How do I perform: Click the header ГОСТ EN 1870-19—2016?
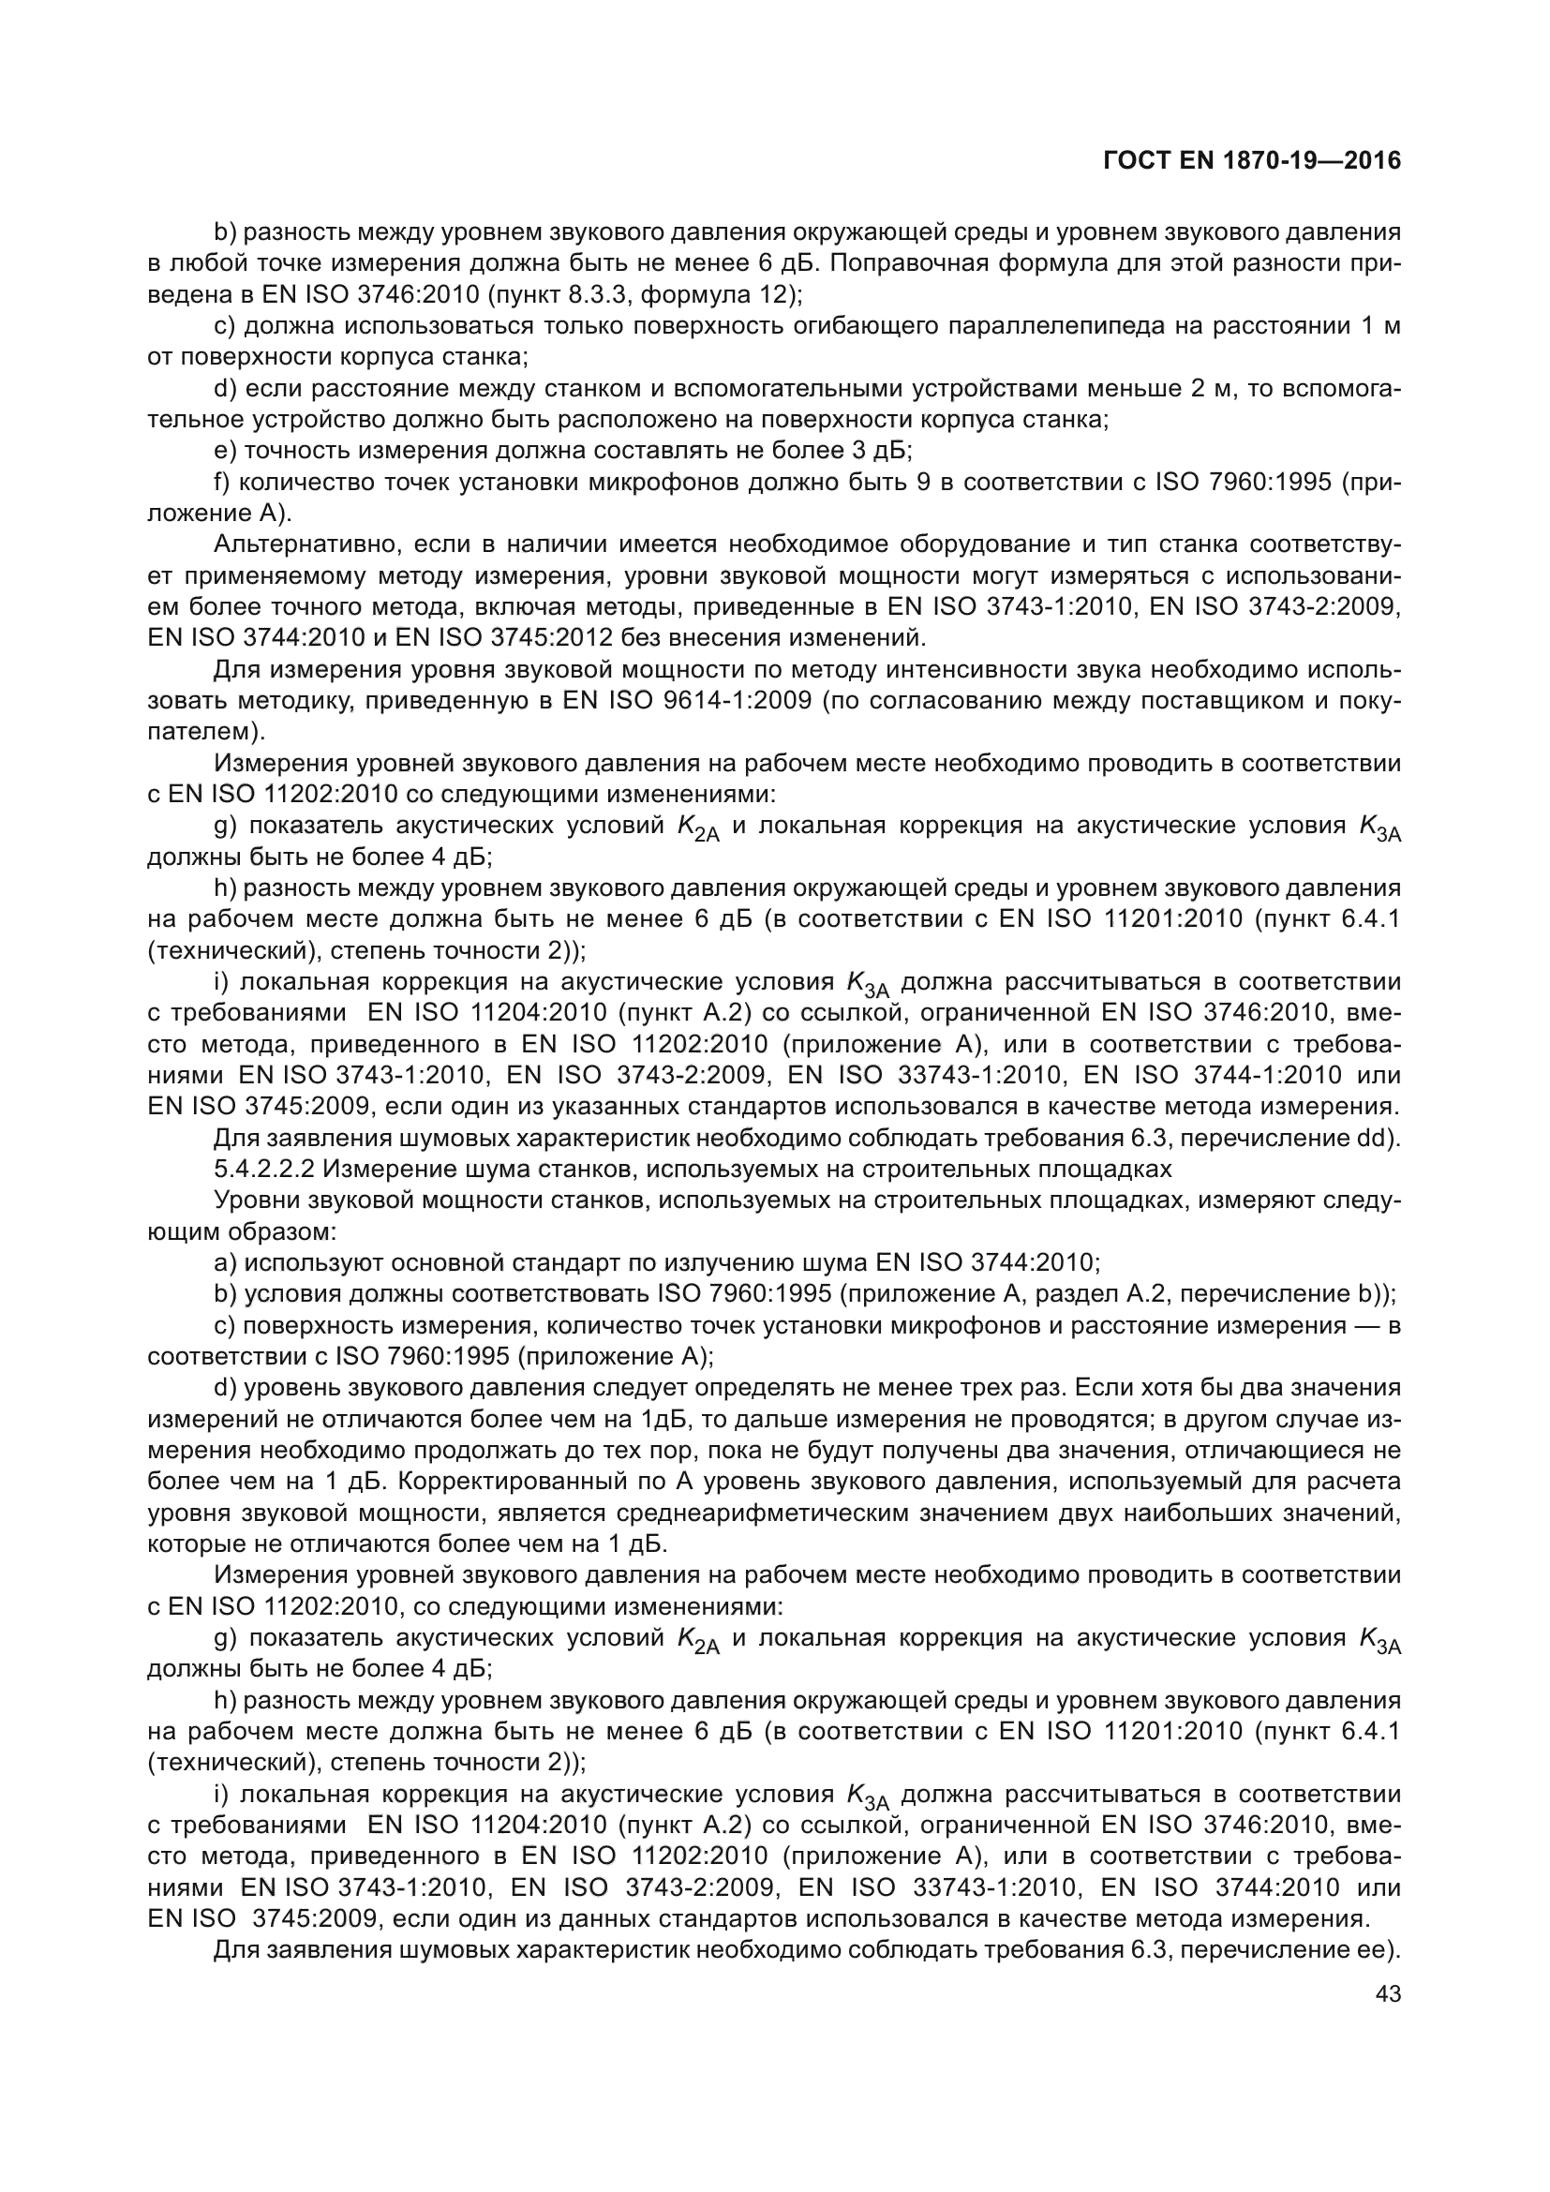(x=1251, y=160)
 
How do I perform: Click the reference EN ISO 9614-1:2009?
(x=687, y=701)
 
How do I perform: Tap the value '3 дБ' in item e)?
(x=878, y=451)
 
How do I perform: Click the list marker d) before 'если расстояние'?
(x=226, y=389)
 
